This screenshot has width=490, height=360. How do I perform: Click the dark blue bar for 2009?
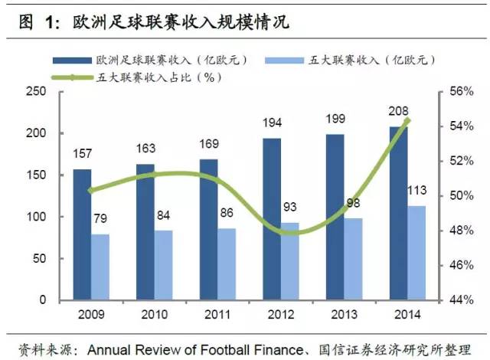click(82, 234)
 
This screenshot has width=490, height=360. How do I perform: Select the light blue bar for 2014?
click(414, 253)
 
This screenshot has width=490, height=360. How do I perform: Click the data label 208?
click(397, 111)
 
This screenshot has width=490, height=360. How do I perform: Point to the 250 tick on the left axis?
click(36, 93)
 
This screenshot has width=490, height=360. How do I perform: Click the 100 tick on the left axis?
click(36, 218)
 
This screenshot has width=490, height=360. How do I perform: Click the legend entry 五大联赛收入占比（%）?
click(145, 77)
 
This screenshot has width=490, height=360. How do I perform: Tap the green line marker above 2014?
click(407, 120)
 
